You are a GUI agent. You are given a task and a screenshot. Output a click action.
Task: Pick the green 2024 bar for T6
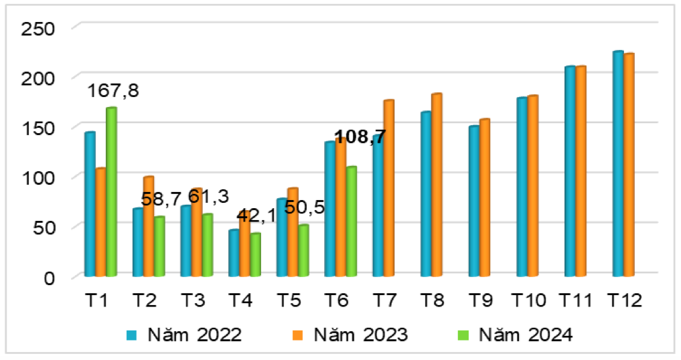(351, 221)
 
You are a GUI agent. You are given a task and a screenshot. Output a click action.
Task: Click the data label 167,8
(115, 91)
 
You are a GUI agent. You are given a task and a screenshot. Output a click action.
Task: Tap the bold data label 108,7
(360, 138)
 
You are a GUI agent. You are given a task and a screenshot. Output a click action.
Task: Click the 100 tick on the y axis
(37, 177)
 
